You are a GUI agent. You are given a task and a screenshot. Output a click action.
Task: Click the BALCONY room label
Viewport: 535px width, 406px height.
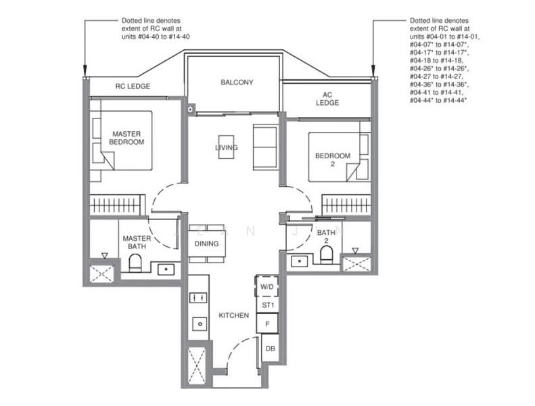(237, 83)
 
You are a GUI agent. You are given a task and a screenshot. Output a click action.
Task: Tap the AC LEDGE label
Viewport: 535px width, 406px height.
(327, 99)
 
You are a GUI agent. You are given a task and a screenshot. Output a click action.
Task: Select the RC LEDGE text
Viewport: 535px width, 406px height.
(133, 86)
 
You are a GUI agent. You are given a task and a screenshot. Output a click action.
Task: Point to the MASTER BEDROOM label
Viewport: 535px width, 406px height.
(126, 138)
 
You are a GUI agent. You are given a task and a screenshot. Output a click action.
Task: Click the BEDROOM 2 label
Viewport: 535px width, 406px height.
(333, 160)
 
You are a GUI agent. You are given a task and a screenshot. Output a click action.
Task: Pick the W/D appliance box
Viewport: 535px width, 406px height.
(266, 286)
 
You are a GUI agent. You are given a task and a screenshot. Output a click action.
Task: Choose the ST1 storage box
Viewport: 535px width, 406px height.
(268, 305)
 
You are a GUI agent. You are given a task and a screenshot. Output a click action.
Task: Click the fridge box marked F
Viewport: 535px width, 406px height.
(267, 323)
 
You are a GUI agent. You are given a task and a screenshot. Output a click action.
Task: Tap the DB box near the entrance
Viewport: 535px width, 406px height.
(271, 348)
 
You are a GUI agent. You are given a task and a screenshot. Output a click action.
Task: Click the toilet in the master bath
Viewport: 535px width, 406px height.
(135, 263)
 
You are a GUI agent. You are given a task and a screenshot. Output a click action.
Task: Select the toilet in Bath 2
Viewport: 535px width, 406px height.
(327, 255)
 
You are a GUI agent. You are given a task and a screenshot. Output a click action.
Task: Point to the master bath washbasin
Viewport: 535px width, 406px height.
(166, 269)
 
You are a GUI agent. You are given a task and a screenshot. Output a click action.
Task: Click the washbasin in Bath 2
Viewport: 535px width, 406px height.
(299, 262)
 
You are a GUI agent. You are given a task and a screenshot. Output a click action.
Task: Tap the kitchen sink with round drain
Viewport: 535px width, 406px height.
(200, 323)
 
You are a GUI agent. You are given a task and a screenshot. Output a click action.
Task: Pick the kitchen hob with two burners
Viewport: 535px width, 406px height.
(198, 298)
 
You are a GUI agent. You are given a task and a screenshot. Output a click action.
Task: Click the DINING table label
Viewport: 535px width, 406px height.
(206, 244)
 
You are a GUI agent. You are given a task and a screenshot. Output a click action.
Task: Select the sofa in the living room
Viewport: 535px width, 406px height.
(264, 147)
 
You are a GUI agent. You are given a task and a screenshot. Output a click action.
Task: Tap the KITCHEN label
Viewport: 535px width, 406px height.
(234, 315)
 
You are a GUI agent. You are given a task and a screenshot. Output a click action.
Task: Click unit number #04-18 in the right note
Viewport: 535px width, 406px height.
(423, 60)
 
